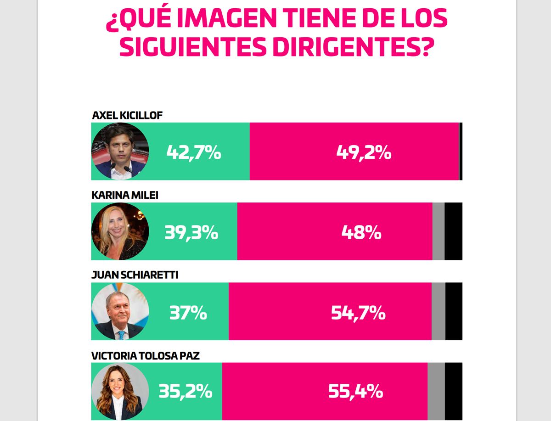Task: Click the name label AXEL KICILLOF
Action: (x=127, y=115)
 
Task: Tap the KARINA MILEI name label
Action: (x=125, y=195)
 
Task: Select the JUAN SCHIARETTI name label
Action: (x=135, y=275)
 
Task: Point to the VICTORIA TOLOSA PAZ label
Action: (x=146, y=355)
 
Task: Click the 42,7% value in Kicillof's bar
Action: (x=193, y=152)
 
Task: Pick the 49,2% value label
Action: (x=364, y=152)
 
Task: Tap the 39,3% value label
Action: (x=191, y=232)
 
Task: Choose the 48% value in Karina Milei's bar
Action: (x=361, y=232)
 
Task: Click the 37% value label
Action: (x=188, y=313)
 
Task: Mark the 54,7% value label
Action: (x=358, y=313)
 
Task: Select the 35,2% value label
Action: (x=186, y=392)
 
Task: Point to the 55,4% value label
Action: (x=356, y=392)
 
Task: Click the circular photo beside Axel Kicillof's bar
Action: (x=120, y=151)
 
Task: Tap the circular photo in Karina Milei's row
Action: (x=120, y=231)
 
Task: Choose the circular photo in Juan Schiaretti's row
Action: (x=120, y=311)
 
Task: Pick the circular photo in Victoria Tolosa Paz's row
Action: (x=120, y=391)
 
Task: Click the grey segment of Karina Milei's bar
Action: (x=439, y=231)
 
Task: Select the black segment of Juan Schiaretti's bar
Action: (x=454, y=311)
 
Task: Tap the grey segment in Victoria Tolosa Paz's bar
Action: (x=436, y=391)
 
